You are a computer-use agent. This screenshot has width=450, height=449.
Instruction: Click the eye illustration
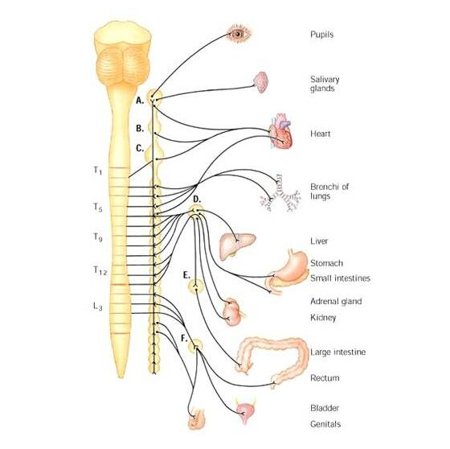239,34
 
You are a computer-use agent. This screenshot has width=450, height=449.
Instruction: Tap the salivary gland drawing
261,83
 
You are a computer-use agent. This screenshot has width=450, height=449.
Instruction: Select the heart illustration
280,131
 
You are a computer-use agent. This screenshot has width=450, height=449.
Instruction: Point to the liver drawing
237,243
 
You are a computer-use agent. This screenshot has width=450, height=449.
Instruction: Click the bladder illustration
245,411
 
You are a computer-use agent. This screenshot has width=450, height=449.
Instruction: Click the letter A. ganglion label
140,101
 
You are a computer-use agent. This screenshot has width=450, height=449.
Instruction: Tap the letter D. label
197,200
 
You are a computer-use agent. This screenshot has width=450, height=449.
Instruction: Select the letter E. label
186,275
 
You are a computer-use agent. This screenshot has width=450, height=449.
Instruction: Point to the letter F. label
184,339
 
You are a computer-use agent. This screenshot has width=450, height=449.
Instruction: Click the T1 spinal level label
97,171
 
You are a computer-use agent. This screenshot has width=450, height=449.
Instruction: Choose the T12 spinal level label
100,270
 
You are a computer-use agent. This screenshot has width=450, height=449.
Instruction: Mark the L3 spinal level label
97,307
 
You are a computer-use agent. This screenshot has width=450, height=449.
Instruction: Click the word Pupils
321,35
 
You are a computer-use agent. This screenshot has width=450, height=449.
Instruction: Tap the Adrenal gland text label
336,302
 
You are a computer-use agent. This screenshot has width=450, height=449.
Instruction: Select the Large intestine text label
337,352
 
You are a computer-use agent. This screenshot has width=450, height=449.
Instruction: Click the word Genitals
325,424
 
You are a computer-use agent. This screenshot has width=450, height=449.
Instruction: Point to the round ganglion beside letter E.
196,287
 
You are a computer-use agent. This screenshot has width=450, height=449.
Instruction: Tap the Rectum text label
325,377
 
